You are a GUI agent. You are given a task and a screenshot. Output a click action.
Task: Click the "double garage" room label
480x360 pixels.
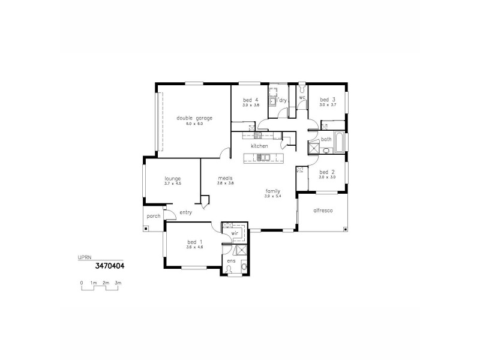coord(194,118)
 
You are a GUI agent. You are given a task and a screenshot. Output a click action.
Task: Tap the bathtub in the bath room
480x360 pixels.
coord(340,142)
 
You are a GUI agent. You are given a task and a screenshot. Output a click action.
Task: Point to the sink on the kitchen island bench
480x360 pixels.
coord(262,158)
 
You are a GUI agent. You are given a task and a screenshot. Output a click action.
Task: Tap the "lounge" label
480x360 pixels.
coord(173,178)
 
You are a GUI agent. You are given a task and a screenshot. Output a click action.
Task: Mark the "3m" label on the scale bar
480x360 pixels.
coord(118,283)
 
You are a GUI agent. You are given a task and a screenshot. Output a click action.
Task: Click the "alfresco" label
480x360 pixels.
coord(323,211)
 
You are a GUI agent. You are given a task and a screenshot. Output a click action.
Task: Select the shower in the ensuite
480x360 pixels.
coord(241,251)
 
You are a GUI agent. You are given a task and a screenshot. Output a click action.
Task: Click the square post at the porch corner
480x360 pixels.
coord(145,229)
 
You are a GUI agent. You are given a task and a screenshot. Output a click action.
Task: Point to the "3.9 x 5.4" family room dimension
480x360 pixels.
coord(274,196)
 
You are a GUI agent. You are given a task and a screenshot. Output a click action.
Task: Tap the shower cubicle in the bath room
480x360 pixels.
coord(314,148)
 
